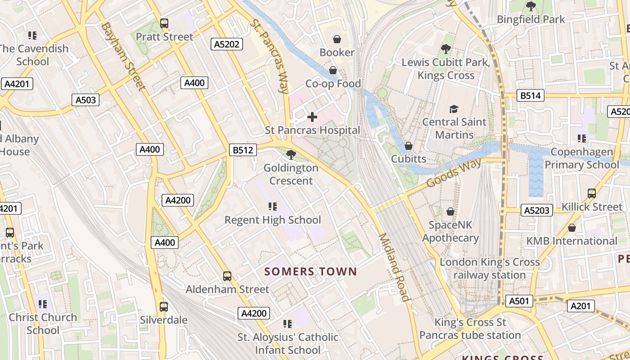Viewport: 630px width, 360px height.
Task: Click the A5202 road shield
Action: click(x=227, y=44)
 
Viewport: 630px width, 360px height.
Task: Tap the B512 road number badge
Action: click(x=243, y=150)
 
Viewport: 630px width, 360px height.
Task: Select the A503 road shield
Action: click(x=85, y=100)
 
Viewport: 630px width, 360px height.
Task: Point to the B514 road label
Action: click(x=531, y=95)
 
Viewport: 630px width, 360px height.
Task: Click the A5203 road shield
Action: click(x=537, y=210)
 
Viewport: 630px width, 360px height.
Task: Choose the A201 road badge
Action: click(x=580, y=306)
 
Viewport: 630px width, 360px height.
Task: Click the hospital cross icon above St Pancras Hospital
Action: click(x=312, y=117)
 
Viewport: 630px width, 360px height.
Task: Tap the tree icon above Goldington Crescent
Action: click(x=291, y=155)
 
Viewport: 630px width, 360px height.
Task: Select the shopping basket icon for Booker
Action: click(x=337, y=40)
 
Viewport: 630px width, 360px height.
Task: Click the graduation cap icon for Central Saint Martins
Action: click(x=454, y=109)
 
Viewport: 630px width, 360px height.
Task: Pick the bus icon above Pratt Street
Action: click(x=164, y=23)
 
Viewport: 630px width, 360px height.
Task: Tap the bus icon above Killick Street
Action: click(x=592, y=193)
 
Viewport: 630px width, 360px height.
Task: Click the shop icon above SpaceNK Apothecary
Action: click(x=450, y=211)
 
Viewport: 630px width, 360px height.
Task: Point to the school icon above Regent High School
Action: click(x=272, y=207)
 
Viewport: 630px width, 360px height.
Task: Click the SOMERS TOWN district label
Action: click(x=310, y=272)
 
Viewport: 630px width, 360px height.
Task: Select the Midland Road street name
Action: click(x=394, y=267)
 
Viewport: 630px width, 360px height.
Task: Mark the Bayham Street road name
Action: click(x=122, y=56)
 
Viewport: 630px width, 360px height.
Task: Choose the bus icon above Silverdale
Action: click(x=164, y=307)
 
